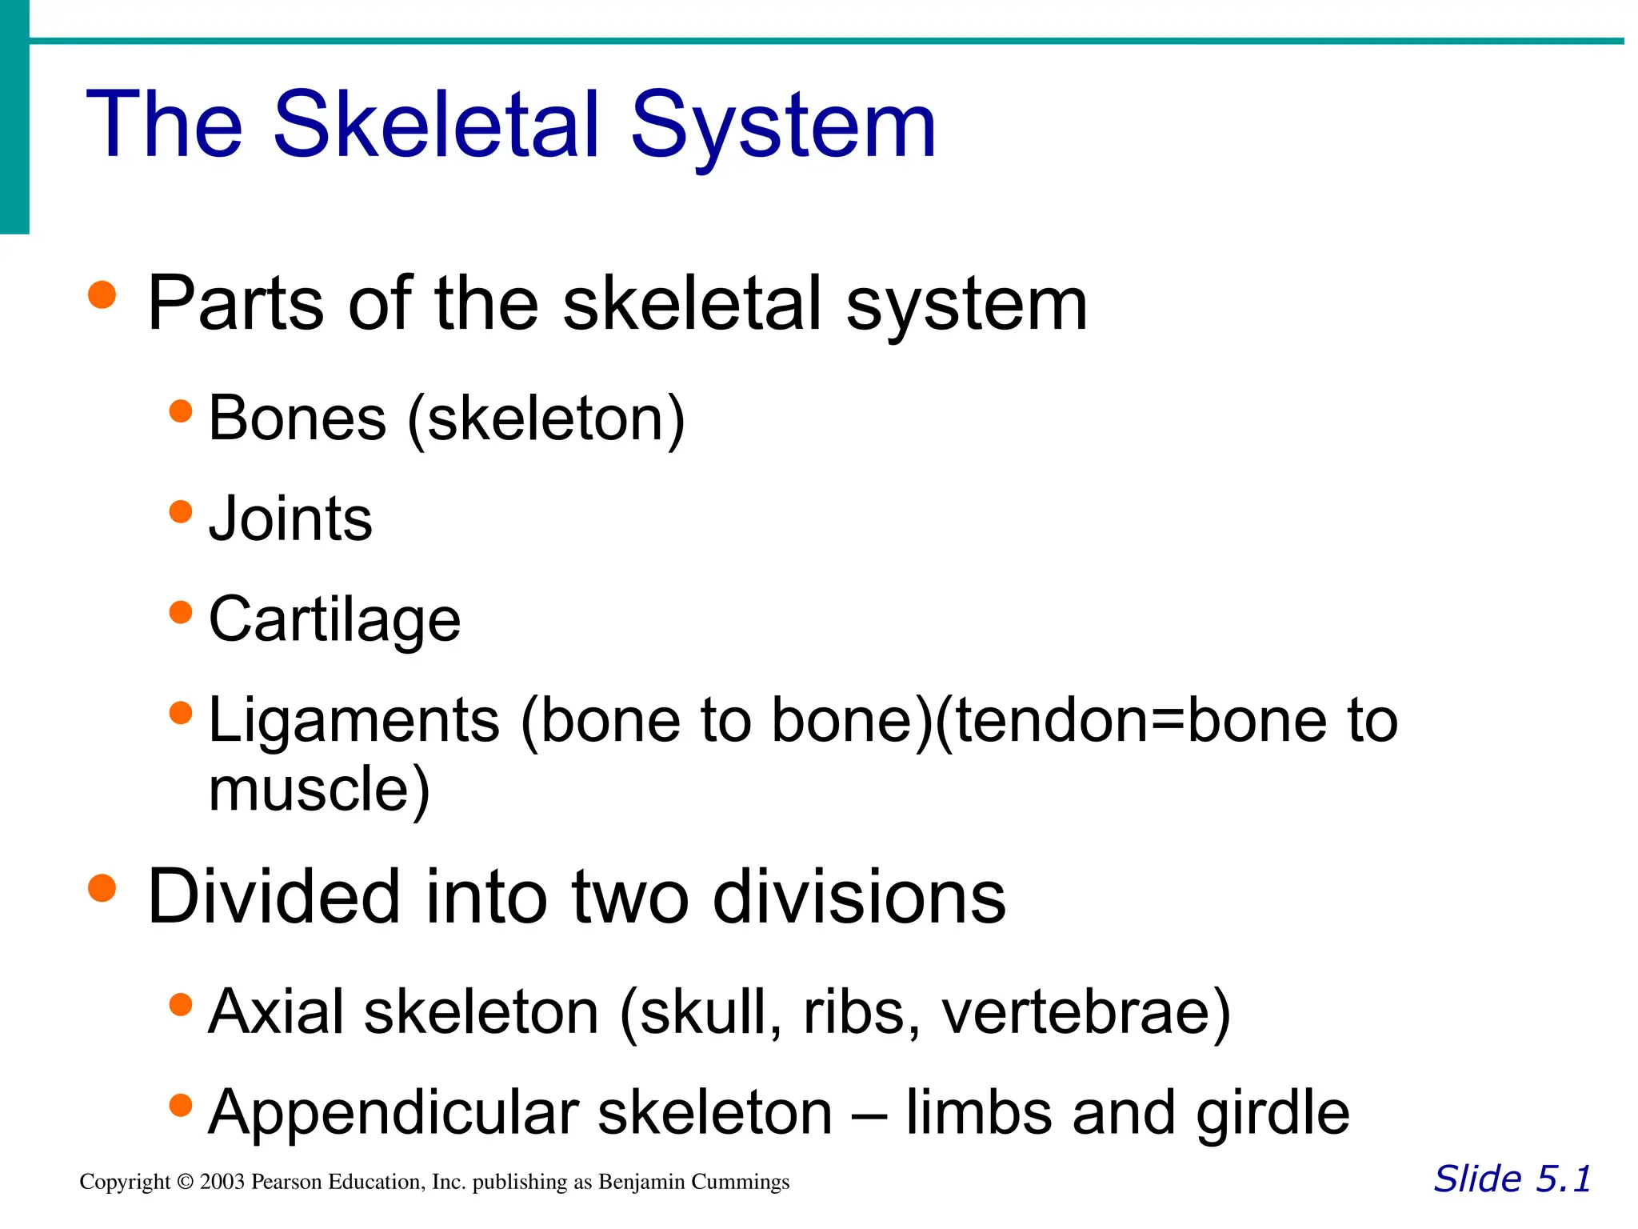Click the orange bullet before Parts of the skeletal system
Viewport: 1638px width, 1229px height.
click(102, 294)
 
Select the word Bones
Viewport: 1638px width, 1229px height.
click(297, 418)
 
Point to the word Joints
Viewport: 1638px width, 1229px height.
click(290, 519)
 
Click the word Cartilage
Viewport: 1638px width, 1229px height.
click(334, 620)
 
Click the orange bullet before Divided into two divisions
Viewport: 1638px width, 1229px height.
click(102, 887)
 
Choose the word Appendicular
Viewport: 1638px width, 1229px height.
click(393, 1113)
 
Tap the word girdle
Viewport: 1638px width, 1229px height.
click(1272, 1113)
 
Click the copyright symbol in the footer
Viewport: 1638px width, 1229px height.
click(186, 1182)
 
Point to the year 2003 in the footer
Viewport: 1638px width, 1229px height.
click(222, 1182)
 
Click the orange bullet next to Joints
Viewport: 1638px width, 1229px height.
click(182, 511)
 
